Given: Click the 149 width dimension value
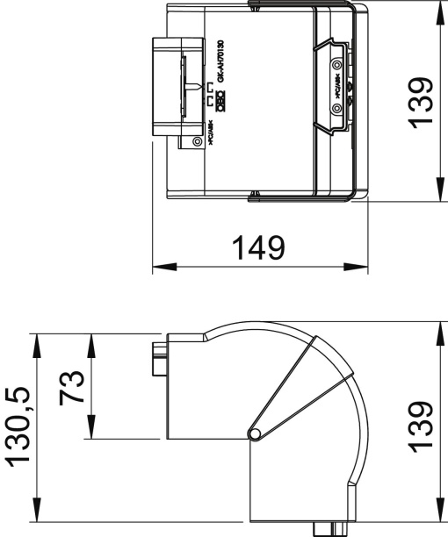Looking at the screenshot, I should pyautogui.click(x=258, y=247).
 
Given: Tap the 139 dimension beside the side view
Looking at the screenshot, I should pyautogui.click(x=423, y=426).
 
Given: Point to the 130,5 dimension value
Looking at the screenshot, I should pyautogui.click(x=19, y=426).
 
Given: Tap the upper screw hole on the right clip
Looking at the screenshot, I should pyautogui.click(x=336, y=64).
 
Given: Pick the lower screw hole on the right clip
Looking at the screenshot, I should pyautogui.click(x=336, y=108).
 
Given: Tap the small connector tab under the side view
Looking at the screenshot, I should pyautogui.click(x=324, y=527).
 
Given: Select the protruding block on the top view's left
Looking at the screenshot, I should pyautogui.click(x=167, y=87).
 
